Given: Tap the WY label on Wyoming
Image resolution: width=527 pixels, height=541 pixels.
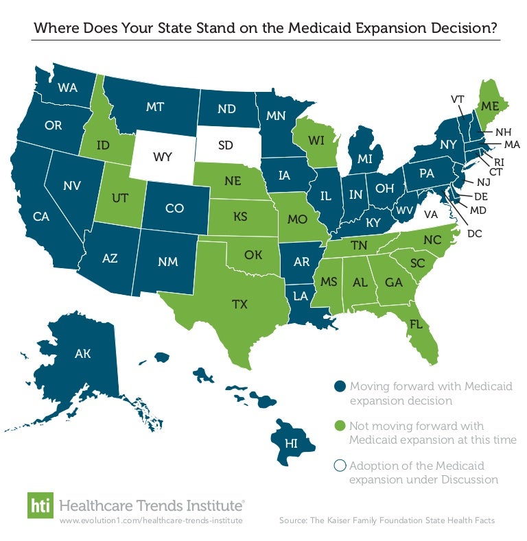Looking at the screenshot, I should (x=162, y=157).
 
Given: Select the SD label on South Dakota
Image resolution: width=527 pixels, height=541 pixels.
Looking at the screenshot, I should (x=226, y=146).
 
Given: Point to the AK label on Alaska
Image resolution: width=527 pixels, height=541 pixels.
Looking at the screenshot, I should (x=82, y=354).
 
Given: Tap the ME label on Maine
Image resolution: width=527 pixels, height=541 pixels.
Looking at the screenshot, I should (x=489, y=106).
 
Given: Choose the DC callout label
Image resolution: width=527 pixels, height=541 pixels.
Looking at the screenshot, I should (x=474, y=233).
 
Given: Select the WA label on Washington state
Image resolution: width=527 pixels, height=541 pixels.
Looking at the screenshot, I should (x=67, y=87).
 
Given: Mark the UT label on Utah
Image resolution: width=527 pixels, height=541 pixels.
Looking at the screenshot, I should (x=120, y=197).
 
